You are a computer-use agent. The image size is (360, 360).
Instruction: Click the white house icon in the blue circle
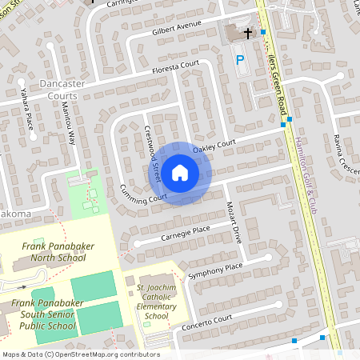180,173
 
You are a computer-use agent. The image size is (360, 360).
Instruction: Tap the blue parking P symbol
238,60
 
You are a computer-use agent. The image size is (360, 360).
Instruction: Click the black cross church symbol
248,34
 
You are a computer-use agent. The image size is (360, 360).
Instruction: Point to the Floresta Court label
175,68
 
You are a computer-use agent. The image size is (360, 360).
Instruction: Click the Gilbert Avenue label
177,28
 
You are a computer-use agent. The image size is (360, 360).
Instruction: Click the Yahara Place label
27,116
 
